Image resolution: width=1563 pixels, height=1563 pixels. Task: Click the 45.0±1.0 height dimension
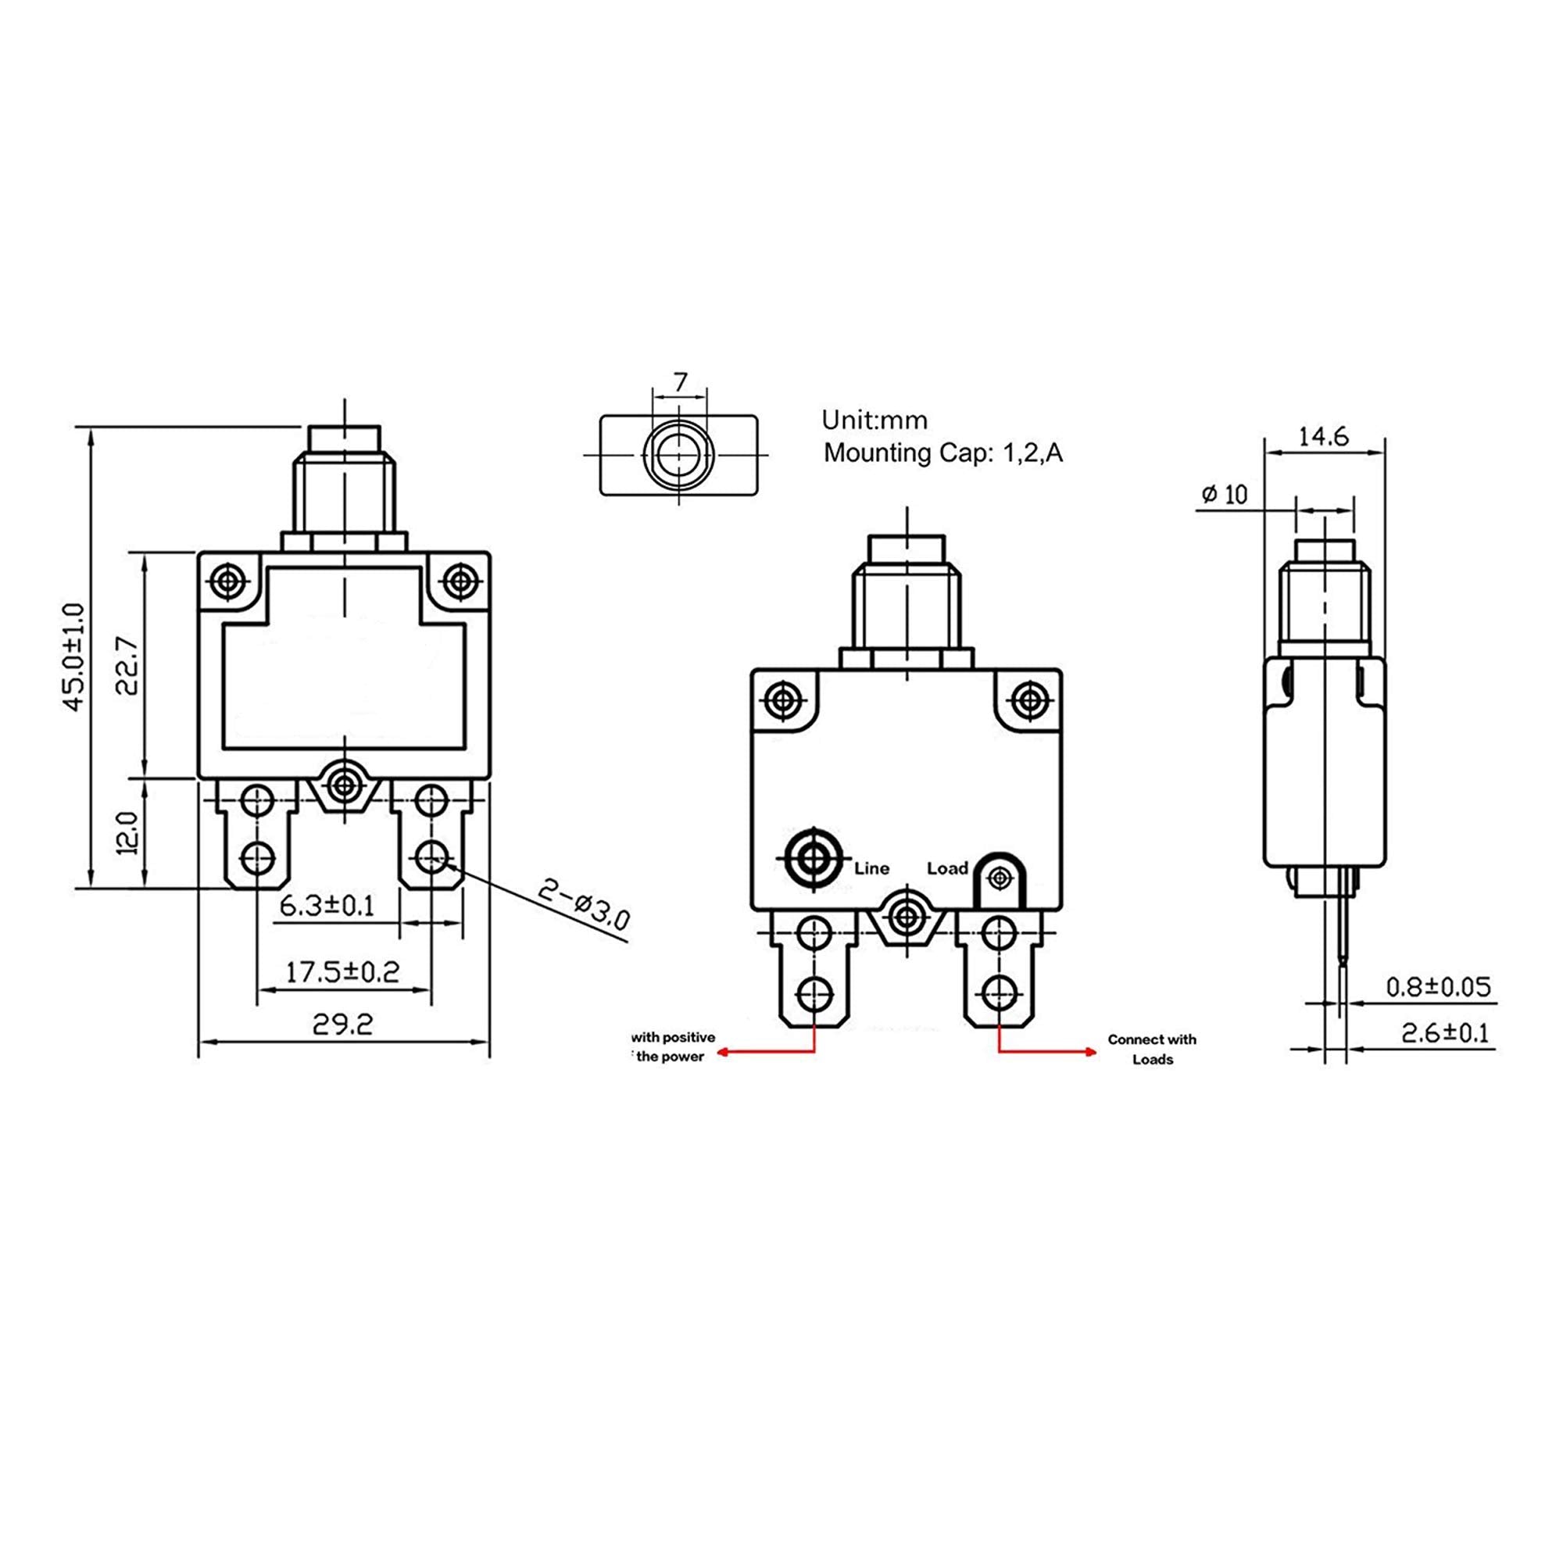click(x=73, y=657)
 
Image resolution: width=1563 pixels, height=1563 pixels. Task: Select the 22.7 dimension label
click(x=127, y=666)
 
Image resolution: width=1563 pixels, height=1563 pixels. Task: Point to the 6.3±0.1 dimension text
click(x=327, y=905)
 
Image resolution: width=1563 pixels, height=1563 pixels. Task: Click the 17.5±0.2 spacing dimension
click(x=342, y=971)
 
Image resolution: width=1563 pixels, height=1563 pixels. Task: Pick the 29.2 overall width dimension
click(x=343, y=1025)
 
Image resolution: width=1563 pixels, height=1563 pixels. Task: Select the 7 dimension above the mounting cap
click(x=681, y=382)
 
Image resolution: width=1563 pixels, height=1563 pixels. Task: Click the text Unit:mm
click(x=874, y=420)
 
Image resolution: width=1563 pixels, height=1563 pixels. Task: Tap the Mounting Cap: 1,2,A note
click(x=942, y=453)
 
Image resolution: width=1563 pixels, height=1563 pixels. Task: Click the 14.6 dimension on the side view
click(x=1324, y=437)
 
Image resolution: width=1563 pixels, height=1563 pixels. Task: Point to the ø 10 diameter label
click(x=1225, y=495)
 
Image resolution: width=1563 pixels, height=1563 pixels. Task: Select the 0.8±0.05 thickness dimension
click(x=1438, y=987)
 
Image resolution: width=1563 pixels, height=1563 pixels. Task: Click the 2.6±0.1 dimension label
click(x=1445, y=1033)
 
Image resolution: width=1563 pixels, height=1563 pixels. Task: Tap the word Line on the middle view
click(x=871, y=869)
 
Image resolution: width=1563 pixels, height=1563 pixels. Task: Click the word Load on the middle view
click(x=947, y=869)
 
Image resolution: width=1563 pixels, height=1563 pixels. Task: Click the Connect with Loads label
click(x=1152, y=1050)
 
